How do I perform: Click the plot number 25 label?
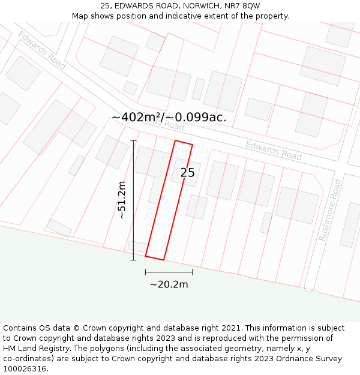187,173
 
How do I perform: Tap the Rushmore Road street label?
330,210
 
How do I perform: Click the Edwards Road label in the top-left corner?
41,50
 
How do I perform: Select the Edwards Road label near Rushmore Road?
273,150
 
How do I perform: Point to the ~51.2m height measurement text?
121,200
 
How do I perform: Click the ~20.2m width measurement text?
169,284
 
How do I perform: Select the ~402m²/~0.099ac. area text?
169,117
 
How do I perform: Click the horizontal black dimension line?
169,272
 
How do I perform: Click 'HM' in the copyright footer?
10,349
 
